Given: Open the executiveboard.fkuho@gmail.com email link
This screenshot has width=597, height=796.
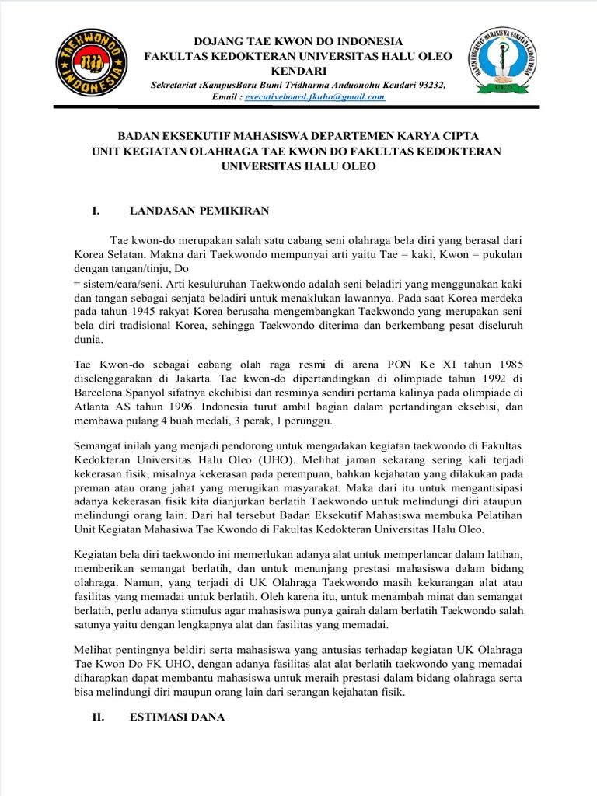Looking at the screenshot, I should click(316, 97).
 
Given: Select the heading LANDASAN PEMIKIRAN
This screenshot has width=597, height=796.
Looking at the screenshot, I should click(198, 211).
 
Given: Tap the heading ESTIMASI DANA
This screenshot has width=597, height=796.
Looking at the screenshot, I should click(176, 718).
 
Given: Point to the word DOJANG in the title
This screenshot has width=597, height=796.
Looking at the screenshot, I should click(216, 40).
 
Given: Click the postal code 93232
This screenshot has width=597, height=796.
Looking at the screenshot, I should click(430, 85).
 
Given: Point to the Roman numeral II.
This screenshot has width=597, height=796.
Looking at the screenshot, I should click(98, 718).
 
